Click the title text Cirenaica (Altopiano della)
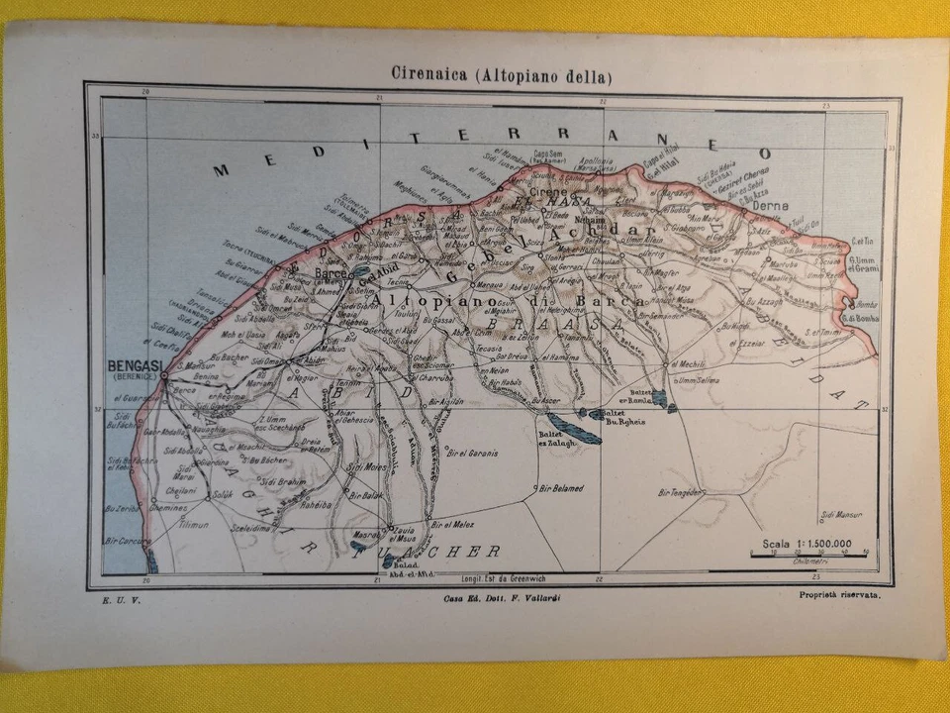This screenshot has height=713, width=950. [x=488, y=75]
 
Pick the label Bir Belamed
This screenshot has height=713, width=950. [x=560, y=488]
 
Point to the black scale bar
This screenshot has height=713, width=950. [x=808, y=556]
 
